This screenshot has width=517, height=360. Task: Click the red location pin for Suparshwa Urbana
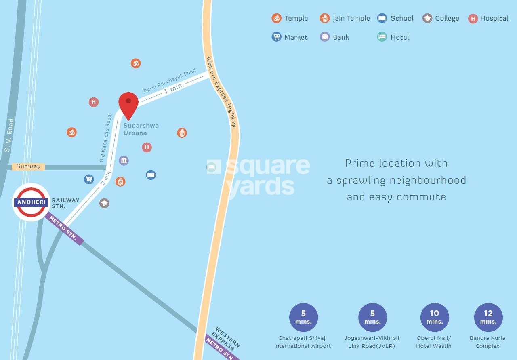pos(128,104)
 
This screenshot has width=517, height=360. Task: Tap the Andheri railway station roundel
pos(31,202)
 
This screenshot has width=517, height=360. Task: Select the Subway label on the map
pos(28,166)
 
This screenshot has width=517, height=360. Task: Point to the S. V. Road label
pos(9,135)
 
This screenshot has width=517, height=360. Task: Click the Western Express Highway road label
pos(221,92)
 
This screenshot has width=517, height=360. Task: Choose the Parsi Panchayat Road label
pos(170,80)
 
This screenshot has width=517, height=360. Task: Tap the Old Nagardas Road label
pos(105,138)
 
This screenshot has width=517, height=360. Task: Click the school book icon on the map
pos(151,175)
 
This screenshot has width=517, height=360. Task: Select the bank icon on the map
pos(124,160)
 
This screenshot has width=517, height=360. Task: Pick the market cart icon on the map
pos(89,179)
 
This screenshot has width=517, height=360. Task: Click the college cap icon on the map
pos(104,203)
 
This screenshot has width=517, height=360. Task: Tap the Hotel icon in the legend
pos(382,37)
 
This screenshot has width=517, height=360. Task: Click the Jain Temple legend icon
pos(325,18)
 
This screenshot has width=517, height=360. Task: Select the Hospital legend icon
pos(473,18)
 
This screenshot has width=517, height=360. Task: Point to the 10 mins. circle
pos(434,317)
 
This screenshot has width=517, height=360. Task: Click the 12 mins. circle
pos(488,317)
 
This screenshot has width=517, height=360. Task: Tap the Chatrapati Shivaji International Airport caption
pos(302,342)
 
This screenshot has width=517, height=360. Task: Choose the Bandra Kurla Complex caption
pos(487,342)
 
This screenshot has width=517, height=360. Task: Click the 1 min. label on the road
pos(174,88)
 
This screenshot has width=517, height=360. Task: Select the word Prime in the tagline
pos(359,163)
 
